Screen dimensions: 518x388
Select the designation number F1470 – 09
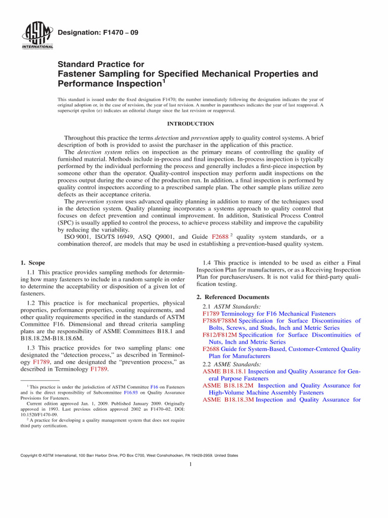click(x=99, y=33)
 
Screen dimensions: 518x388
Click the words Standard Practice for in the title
click(x=101, y=64)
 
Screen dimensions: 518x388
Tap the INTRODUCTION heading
click(x=190, y=123)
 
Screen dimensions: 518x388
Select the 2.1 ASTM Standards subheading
click(x=232, y=307)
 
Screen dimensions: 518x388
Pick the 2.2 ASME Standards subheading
click(x=232, y=364)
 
